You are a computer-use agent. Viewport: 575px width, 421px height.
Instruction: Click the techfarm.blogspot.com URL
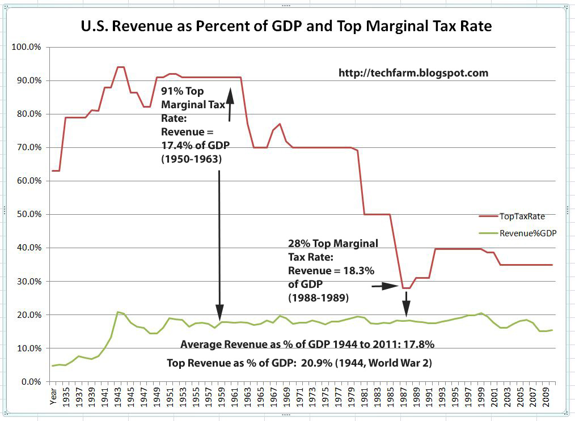point(413,73)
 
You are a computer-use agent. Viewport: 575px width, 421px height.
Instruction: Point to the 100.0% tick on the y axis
point(27,47)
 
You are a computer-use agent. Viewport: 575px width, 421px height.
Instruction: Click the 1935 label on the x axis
point(66,399)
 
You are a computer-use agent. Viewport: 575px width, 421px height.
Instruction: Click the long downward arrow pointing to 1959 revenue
point(219,244)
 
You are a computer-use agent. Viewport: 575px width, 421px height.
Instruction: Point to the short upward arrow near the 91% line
point(230,105)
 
